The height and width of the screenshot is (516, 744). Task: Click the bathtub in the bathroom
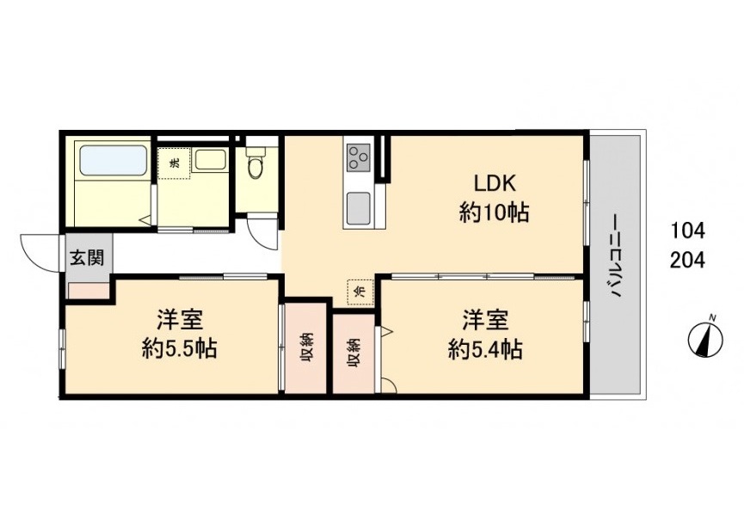[113, 160]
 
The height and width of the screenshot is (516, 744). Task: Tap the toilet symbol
[256, 163]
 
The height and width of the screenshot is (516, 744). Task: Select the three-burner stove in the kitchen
[359, 158]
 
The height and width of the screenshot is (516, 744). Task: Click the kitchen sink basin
[359, 209]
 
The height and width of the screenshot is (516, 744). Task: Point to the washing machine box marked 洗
[174, 163]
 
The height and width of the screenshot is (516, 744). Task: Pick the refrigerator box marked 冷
[360, 292]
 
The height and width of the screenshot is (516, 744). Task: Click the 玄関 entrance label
[86, 259]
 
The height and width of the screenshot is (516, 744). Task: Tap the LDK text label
[495, 183]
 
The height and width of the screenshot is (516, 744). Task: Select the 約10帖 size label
[494, 212]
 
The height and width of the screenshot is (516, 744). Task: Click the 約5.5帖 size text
[180, 349]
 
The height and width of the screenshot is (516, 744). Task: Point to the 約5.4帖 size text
[485, 350]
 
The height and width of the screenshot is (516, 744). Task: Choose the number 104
[687, 231]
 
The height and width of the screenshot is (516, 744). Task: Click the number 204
[687, 260]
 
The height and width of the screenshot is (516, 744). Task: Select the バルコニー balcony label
[615, 256]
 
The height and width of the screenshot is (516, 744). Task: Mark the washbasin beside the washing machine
[210, 159]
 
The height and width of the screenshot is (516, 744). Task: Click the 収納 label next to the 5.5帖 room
[307, 348]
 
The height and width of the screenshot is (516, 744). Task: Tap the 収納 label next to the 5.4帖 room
[354, 353]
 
